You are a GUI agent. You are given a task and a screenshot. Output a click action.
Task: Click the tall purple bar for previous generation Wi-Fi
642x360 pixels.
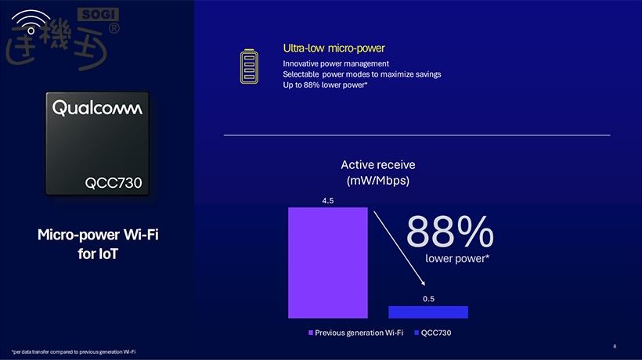click(327, 262)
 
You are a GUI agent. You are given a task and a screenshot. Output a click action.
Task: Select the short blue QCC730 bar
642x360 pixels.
click(428, 311)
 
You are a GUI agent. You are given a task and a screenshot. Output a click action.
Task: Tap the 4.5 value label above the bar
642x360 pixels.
click(328, 201)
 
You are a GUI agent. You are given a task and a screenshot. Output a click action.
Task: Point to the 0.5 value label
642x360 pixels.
click(428, 298)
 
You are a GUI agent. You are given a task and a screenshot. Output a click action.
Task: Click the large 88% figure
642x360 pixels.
click(450, 232)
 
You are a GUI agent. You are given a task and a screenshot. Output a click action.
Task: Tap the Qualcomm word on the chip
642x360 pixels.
click(98, 108)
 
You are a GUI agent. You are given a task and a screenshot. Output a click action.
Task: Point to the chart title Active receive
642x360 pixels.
click(378, 165)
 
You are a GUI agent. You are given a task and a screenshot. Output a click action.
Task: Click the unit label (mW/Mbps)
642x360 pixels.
click(378, 181)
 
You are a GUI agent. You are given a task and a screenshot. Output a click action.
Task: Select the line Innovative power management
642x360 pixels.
click(336, 63)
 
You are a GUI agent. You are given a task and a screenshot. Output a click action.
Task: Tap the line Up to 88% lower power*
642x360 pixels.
click(326, 85)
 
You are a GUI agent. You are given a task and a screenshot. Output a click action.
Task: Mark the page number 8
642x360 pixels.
click(615, 346)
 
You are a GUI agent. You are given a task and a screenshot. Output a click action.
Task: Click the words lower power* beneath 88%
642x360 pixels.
click(457, 257)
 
